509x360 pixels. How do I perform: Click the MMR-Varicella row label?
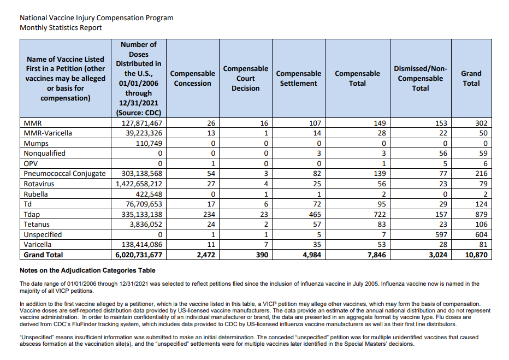point(48,133)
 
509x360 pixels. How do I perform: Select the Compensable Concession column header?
point(192,78)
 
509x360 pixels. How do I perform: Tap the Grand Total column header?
point(471,78)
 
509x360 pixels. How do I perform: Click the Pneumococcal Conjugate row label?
point(64,174)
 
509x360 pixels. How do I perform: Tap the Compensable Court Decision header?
point(245,78)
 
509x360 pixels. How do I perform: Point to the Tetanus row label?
point(37,225)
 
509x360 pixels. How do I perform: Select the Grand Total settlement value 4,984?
point(311,255)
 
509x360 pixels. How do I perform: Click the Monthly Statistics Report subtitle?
point(61,27)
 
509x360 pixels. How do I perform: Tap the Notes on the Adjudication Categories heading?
point(87,270)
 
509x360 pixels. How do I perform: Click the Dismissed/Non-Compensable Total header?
point(420,78)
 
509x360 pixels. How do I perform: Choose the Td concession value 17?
point(209,204)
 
